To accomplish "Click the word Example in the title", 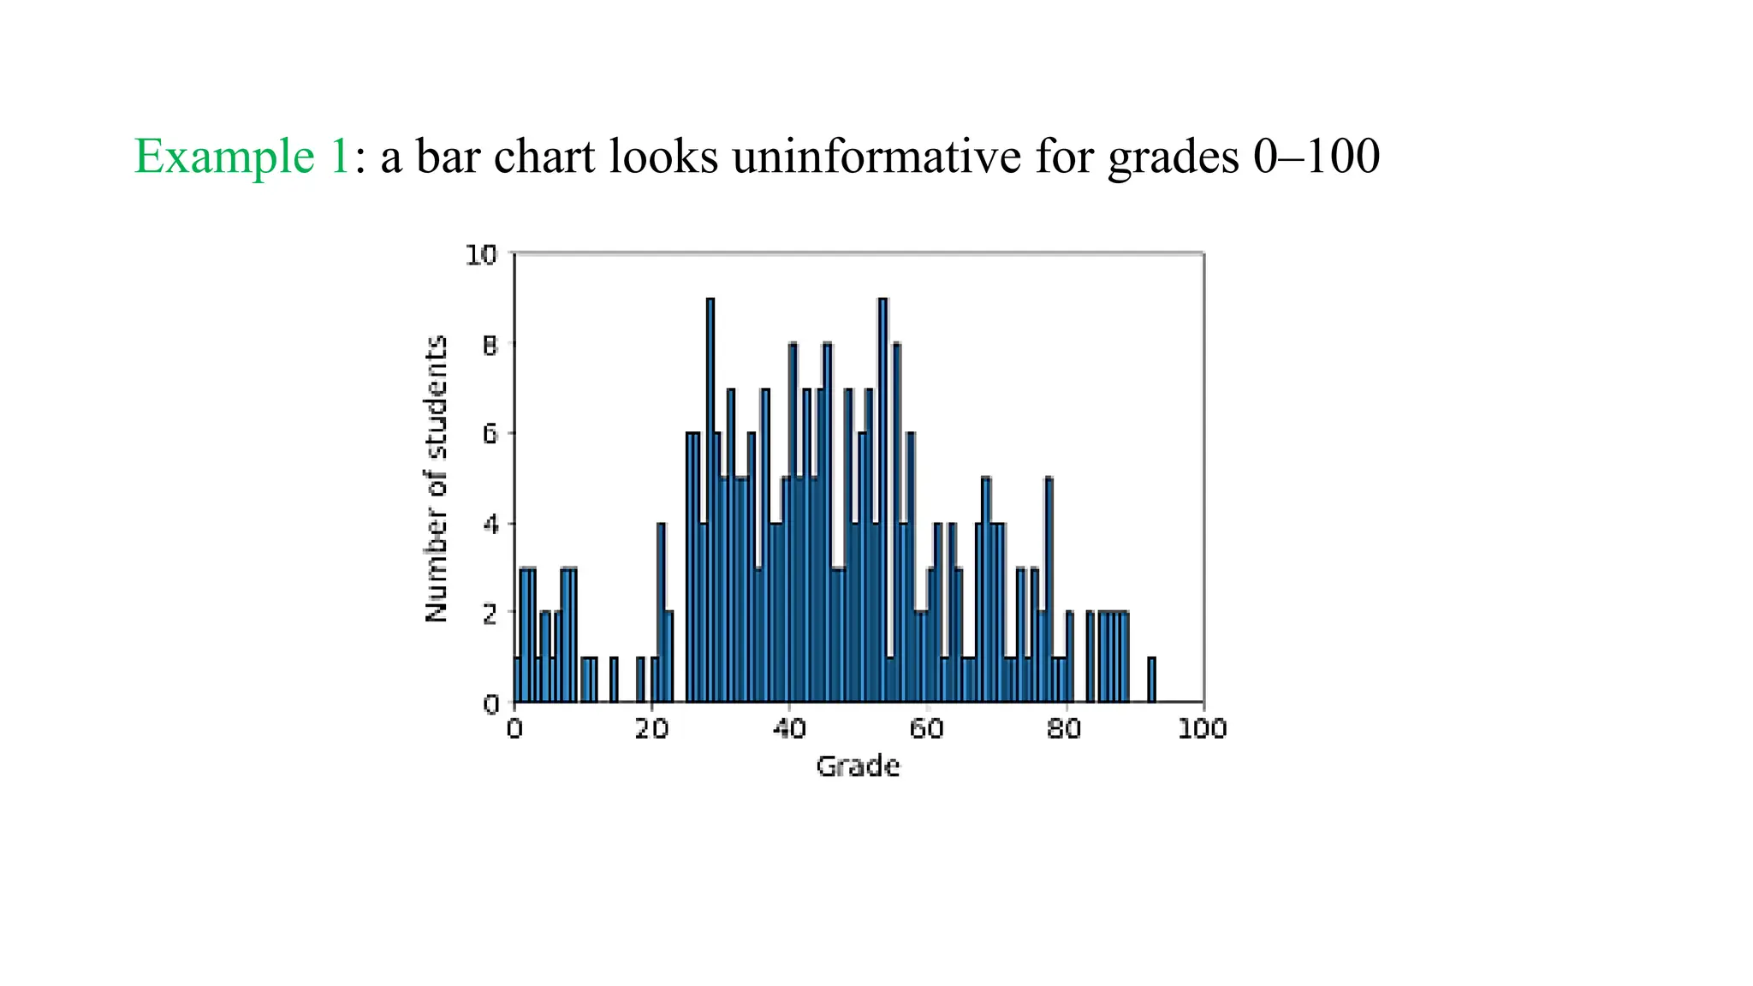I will (x=224, y=157).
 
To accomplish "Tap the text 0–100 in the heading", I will (x=1316, y=157).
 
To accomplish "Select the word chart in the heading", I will (x=544, y=157).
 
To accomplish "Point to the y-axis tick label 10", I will (x=481, y=255).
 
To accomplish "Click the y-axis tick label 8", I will (x=490, y=346).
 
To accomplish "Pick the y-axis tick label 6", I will (x=490, y=435).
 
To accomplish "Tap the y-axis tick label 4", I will (x=490, y=525).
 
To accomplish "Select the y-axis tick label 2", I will (x=490, y=614).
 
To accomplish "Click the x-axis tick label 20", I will (x=651, y=729).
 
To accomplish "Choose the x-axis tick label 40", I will (x=788, y=729).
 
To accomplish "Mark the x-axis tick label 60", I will (x=926, y=729).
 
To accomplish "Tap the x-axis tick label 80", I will (x=1064, y=729).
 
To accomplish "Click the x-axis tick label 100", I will (x=1202, y=729).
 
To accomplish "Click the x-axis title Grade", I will (x=858, y=766).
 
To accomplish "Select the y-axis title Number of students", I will (x=437, y=479).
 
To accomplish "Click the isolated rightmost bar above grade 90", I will (x=1151, y=680).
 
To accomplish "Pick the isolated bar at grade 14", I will (x=614, y=680).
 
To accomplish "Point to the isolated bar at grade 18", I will (x=640, y=680).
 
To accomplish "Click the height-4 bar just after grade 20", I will (x=661, y=613).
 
